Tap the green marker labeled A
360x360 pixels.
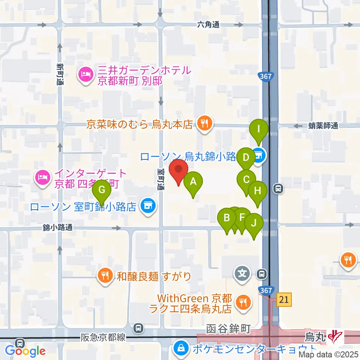pos(193,182)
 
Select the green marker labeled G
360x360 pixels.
pos(101,190)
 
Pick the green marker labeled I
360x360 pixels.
pos(259,129)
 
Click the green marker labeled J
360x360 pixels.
pos(254,223)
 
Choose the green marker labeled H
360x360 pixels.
pos(257,191)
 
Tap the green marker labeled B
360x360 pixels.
pos(227,218)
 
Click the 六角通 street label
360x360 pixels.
pos(208,25)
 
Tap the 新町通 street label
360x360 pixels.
pos(60,74)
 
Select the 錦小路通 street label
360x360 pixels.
pos(57,227)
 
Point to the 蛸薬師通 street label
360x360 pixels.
pos(323,126)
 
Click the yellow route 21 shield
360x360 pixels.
pos(284,299)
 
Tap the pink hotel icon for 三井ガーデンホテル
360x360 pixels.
pos(85,74)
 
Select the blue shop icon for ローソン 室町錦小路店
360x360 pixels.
pos(147,205)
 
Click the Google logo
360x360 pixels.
pos(25,351)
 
